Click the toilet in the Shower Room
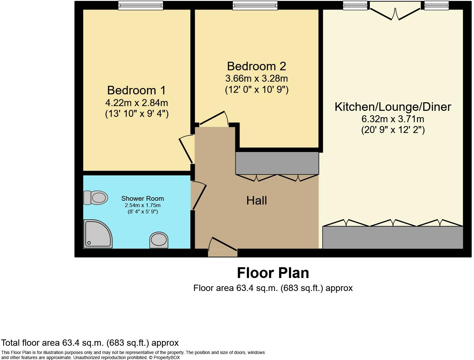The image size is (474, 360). tap(95, 198)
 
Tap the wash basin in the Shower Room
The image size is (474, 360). tap(159, 240)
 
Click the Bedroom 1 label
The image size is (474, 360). tap(136, 90)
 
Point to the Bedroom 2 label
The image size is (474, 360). tap(256, 66)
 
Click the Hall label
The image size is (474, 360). tap(256, 200)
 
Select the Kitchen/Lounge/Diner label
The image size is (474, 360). tap(393, 107)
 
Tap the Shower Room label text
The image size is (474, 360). tap(143, 199)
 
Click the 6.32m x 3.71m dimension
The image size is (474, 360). tap(393, 119)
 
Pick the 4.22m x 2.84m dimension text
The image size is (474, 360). tap(136, 103)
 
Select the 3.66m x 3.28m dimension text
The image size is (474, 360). tap(256, 78)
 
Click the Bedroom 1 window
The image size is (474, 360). tap(140, 5)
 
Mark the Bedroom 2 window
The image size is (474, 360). tap(255, 5)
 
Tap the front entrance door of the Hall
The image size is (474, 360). tap(223, 247)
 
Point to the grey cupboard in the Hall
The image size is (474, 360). tap(277, 163)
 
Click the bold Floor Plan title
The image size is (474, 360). tap(273, 273)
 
